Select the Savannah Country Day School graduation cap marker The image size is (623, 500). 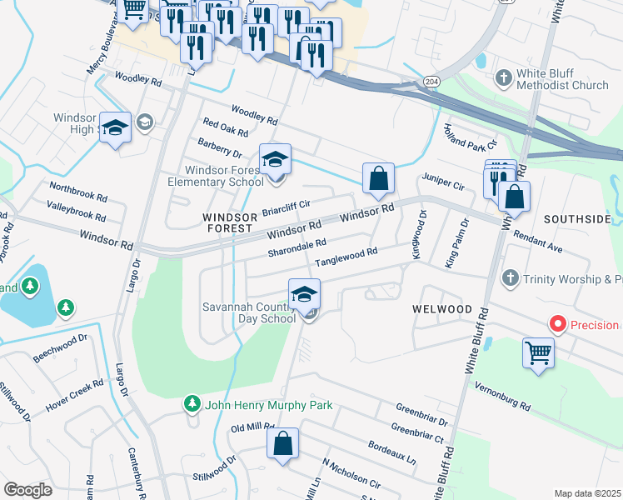click(x=305, y=294)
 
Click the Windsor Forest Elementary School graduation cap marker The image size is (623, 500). click(x=276, y=157)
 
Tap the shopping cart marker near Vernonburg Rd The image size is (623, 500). click(x=539, y=352)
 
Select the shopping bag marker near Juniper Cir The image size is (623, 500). click(x=378, y=177)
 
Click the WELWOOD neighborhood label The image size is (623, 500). click(x=442, y=309)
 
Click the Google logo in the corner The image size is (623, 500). click(x=27, y=490)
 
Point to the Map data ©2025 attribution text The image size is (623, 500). click(x=587, y=493)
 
